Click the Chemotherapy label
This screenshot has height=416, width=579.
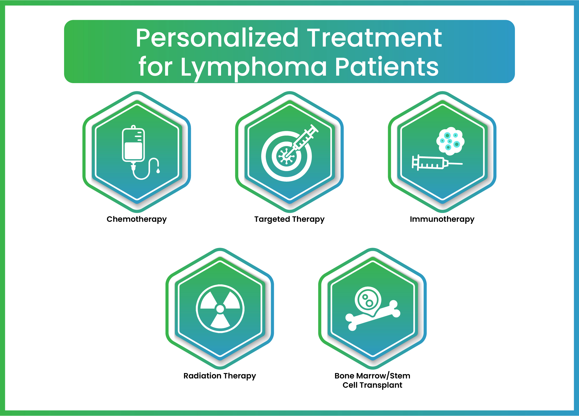click(x=137, y=219)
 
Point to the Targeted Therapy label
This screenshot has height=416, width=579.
click(x=289, y=219)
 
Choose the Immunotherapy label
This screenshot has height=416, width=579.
click(x=442, y=219)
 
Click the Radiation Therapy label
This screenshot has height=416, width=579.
click(x=220, y=376)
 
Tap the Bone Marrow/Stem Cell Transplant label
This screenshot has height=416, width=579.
click(x=372, y=380)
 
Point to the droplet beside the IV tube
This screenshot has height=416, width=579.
click(x=158, y=170)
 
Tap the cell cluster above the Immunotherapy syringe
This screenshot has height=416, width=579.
click(x=450, y=141)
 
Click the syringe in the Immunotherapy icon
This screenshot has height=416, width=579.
click(x=437, y=163)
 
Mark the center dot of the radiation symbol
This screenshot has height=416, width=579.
click(x=220, y=309)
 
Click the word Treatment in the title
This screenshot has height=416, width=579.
click(x=374, y=38)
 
